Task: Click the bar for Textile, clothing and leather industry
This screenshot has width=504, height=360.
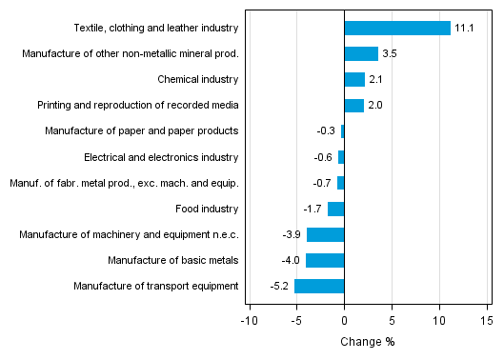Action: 396,29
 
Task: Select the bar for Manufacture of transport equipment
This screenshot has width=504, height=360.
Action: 319,286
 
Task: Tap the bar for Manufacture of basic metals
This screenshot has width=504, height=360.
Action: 325,260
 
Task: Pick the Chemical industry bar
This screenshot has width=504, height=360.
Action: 354,79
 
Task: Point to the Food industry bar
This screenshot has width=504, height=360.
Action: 335,209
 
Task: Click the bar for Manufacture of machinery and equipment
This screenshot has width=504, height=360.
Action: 325,234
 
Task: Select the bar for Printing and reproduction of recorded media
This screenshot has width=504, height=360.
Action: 353,105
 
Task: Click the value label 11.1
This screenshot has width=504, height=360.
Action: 465,29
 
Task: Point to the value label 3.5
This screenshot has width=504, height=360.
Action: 390,54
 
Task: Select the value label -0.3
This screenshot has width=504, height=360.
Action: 326,131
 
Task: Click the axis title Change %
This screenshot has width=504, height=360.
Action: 368,342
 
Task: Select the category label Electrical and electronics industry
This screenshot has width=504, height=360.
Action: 161,157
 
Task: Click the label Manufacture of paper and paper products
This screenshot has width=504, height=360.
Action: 142,131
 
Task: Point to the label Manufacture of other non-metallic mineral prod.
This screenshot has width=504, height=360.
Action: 130,54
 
